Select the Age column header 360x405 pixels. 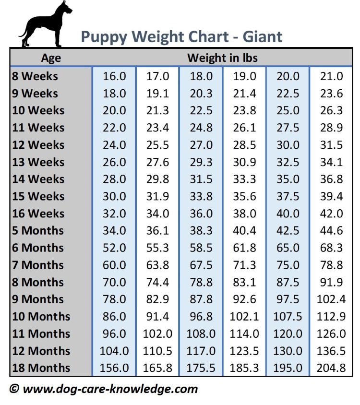[x=51, y=58]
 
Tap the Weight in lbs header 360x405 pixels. [x=222, y=58]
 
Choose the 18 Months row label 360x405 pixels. [x=41, y=368]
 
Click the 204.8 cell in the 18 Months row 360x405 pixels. [x=331, y=368]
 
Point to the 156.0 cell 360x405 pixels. [x=114, y=368]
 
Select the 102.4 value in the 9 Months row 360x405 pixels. [x=331, y=299]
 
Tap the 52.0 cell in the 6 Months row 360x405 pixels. [x=114, y=248]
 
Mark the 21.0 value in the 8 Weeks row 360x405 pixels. [x=331, y=76]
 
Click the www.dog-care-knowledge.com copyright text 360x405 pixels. [x=104, y=389]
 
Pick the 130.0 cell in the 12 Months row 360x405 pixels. [x=288, y=351]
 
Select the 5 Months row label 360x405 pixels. [x=38, y=231]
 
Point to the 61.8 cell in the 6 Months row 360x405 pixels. [x=244, y=248]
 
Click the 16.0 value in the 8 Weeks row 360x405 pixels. [x=114, y=76]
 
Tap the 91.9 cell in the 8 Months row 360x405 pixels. [x=331, y=282]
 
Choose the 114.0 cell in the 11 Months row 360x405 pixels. [x=244, y=334]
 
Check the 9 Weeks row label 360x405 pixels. [x=35, y=94]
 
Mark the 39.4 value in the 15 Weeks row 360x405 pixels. [x=331, y=197]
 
